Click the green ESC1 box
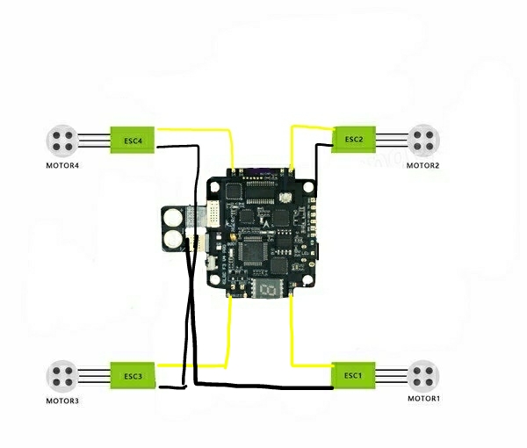click(353, 376)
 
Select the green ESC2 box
click(354, 139)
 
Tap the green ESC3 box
click(133, 377)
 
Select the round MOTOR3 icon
click(61, 376)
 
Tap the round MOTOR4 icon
click(61, 140)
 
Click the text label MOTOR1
click(424, 399)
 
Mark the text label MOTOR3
click(62, 401)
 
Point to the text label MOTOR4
click(62, 165)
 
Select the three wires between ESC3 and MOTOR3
click(94, 376)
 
